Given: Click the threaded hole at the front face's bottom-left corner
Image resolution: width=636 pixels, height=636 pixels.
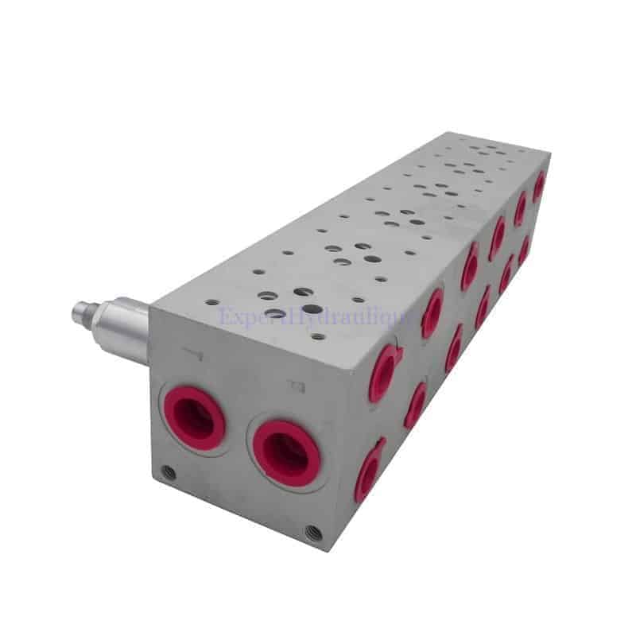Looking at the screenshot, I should click(168, 473).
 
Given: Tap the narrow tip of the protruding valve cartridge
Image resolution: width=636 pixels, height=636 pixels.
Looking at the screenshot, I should click(79, 313).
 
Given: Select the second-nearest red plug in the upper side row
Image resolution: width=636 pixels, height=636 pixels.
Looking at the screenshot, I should click(432, 312).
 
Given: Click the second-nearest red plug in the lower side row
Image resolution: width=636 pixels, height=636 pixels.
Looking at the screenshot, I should click(415, 405).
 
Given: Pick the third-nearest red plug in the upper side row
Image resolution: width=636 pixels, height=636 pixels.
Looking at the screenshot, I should click(470, 266).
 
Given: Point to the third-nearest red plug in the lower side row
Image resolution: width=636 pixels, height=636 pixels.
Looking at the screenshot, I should click(454, 348).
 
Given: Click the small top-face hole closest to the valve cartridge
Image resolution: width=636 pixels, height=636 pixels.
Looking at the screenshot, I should click(211, 302).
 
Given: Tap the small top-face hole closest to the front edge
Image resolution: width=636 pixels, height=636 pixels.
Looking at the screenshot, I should click(318, 336).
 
